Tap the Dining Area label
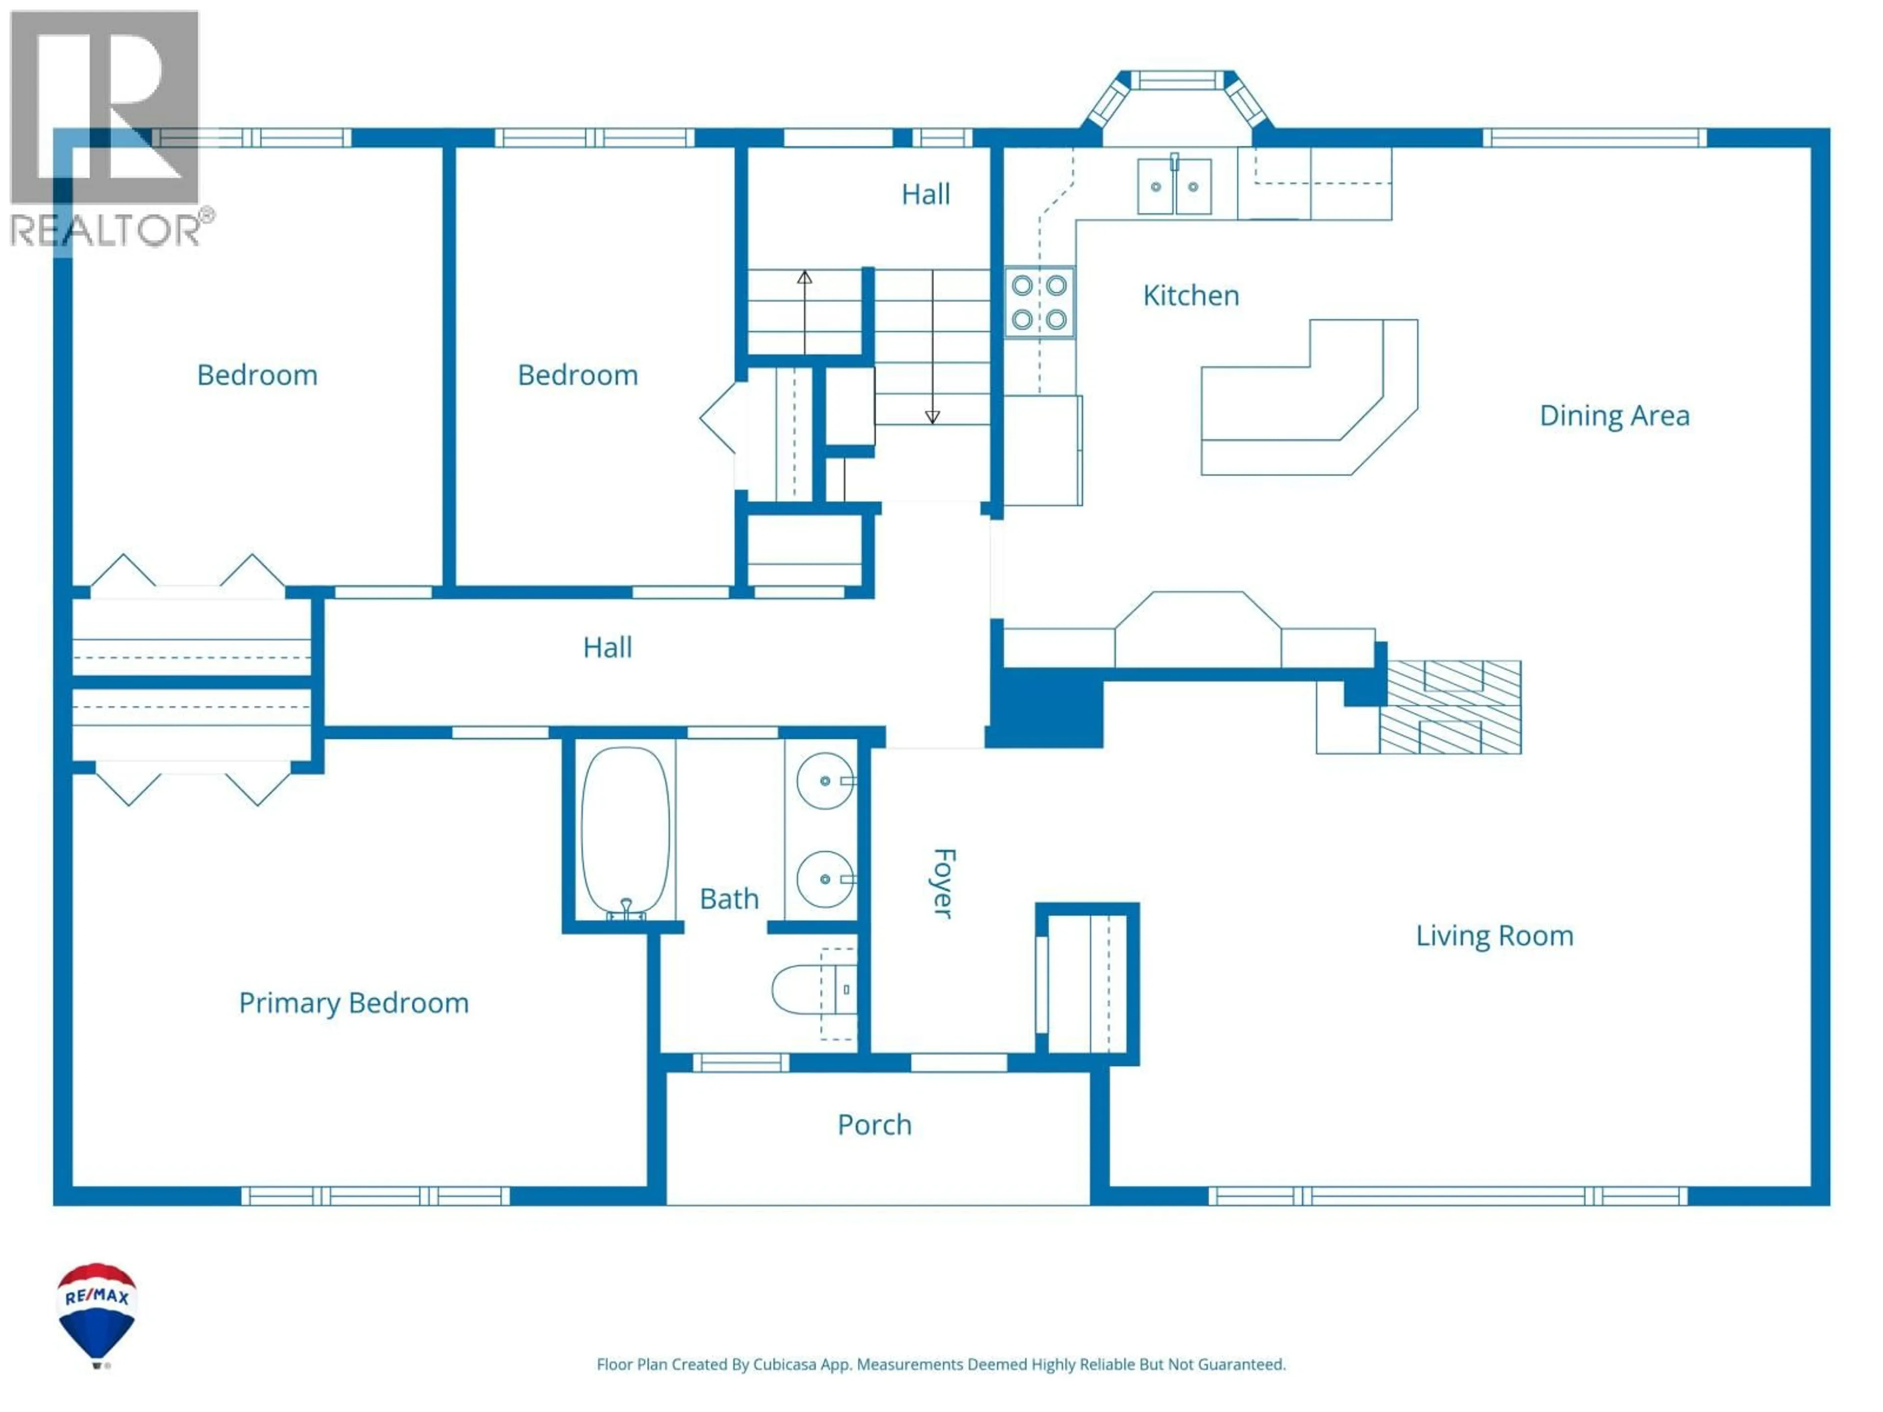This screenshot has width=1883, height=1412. pos(1614,415)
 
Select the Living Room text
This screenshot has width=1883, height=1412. pos(1494,935)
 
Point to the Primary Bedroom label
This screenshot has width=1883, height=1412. pos(353,1003)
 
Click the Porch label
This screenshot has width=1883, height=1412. pos(874,1124)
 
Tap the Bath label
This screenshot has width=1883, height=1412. pos(729,898)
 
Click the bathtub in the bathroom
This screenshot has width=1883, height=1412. pos(625,831)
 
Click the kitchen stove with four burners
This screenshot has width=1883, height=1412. pos(1040,302)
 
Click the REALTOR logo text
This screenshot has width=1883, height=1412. pos(106,230)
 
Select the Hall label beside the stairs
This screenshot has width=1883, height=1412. pos(925,194)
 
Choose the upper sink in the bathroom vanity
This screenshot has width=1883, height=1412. pos(824,781)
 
